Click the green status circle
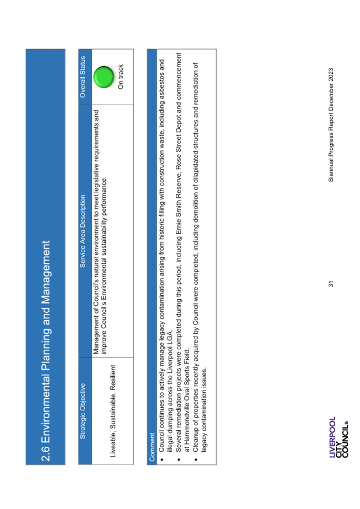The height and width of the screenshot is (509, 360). pyautogui.click(x=103, y=77)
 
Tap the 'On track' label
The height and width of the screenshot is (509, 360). pyautogui.click(x=121, y=77)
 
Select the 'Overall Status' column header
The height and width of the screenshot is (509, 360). pyautogui.click(x=83, y=77)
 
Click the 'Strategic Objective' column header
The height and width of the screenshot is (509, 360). pyautogui.click(x=83, y=411)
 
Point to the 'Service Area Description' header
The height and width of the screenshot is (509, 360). pyautogui.click(x=83, y=231)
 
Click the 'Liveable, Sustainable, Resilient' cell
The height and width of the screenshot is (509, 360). pyautogui.click(x=113, y=411)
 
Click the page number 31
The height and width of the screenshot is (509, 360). pyautogui.click(x=331, y=284)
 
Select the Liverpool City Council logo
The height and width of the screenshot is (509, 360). pyautogui.click(x=338, y=437)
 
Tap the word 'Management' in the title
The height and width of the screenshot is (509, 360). pyautogui.click(x=46, y=272)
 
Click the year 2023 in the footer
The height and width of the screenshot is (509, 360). pyautogui.click(x=331, y=74)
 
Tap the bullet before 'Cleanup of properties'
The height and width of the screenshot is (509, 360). pyautogui.click(x=196, y=459)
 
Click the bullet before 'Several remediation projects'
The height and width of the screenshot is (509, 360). pyautogui.click(x=179, y=459)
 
